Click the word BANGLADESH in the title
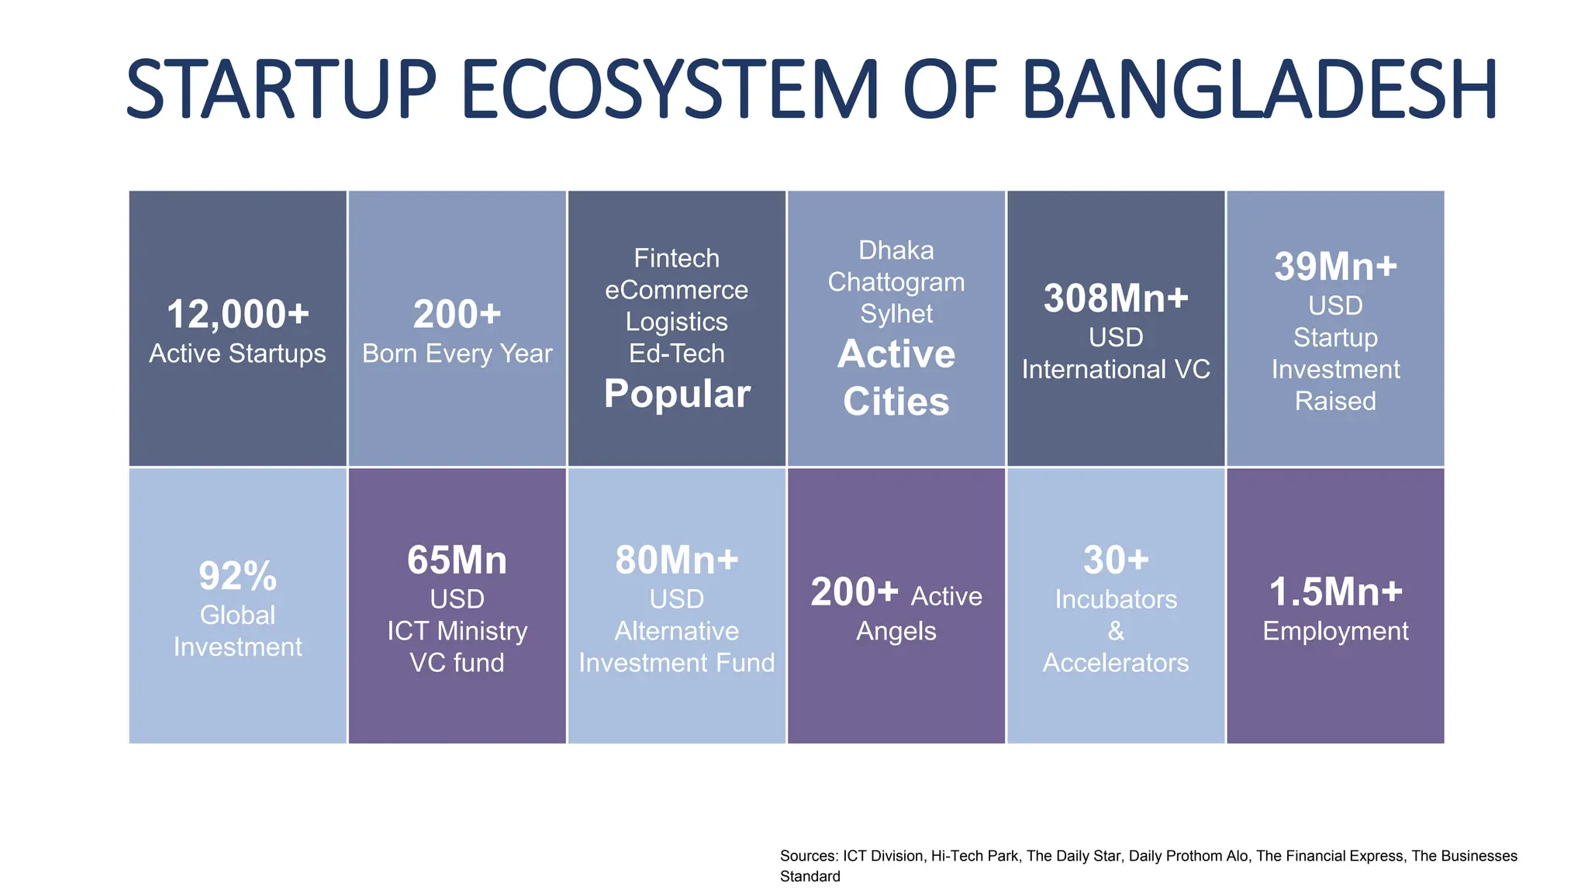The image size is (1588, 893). pos(1259,90)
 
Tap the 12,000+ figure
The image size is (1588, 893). pos(237,315)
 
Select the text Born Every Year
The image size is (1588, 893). pos(457,354)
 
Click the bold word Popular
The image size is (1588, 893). pos(677,394)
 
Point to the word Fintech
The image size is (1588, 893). pos(677,258)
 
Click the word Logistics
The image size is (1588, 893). pos(677,322)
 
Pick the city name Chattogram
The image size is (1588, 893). pos(896,282)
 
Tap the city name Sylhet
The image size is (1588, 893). pos(896,314)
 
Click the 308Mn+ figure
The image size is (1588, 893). pos(1116,298)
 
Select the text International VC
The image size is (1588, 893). pos(1116,370)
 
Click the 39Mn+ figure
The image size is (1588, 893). pos(1335,267)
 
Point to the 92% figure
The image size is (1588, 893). pos(237,576)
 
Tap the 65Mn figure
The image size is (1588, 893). pos(457,560)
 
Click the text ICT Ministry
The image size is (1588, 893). pos(457,631)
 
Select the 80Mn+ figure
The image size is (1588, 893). pos(677,560)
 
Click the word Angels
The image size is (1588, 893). pos(896,632)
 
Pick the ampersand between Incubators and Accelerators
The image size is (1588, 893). pos(1116,631)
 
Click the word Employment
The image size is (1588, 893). pos(1335,632)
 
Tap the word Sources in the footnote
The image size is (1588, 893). pos(807,857)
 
